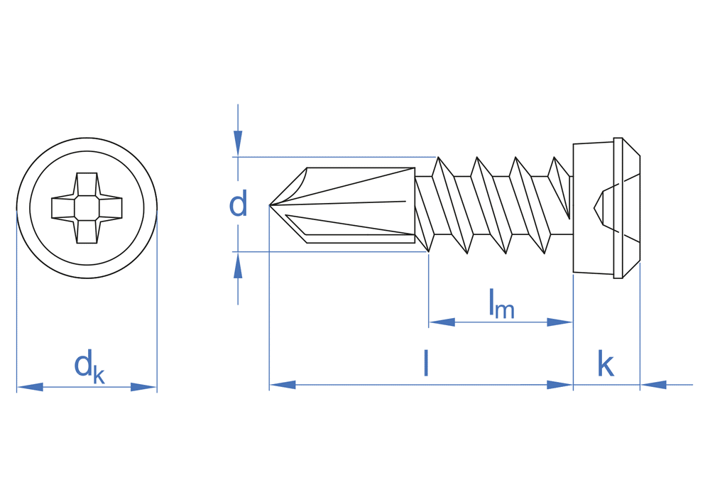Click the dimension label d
pos(238,204)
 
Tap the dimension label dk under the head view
pos(89,366)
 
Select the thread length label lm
pos(501,304)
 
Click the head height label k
pos(605,364)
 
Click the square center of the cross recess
pos(87,208)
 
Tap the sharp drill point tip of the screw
pos(271,206)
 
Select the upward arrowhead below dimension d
pos(238,266)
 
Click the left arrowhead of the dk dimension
pos(30,387)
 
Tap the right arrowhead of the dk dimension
pos(143,387)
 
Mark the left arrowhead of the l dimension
pos(283,385)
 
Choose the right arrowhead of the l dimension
pos(559,385)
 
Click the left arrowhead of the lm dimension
pos(442,322)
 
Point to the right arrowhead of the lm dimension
pos(559,322)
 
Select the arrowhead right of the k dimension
pos(653,385)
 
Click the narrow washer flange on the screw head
pos(618,208)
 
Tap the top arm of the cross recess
pos(87,183)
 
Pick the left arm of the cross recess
pos(62,208)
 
